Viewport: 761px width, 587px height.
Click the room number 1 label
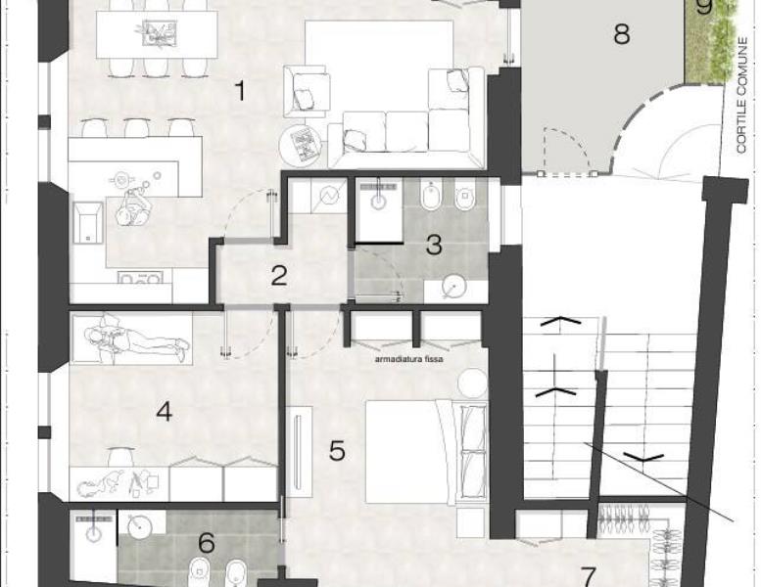click(x=240, y=91)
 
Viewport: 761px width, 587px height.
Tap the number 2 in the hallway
click(x=279, y=275)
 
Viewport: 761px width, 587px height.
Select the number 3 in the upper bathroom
click(x=434, y=245)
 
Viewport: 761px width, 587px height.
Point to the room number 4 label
click(x=164, y=412)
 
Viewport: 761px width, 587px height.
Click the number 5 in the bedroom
click(x=337, y=450)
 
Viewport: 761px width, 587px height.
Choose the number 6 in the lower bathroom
click(x=207, y=542)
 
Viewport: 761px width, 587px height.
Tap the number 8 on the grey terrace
click(x=622, y=33)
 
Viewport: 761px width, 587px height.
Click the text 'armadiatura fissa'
click(x=408, y=359)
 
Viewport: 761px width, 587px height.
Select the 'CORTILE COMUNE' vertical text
click(x=741, y=96)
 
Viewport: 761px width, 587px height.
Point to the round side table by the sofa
click(x=301, y=144)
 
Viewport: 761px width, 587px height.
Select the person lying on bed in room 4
click(x=136, y=339)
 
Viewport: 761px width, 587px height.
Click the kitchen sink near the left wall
click(x=88, y=222)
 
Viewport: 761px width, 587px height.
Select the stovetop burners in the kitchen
click(x=140, y=278)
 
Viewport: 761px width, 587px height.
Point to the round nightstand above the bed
click(x=473, y=383)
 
